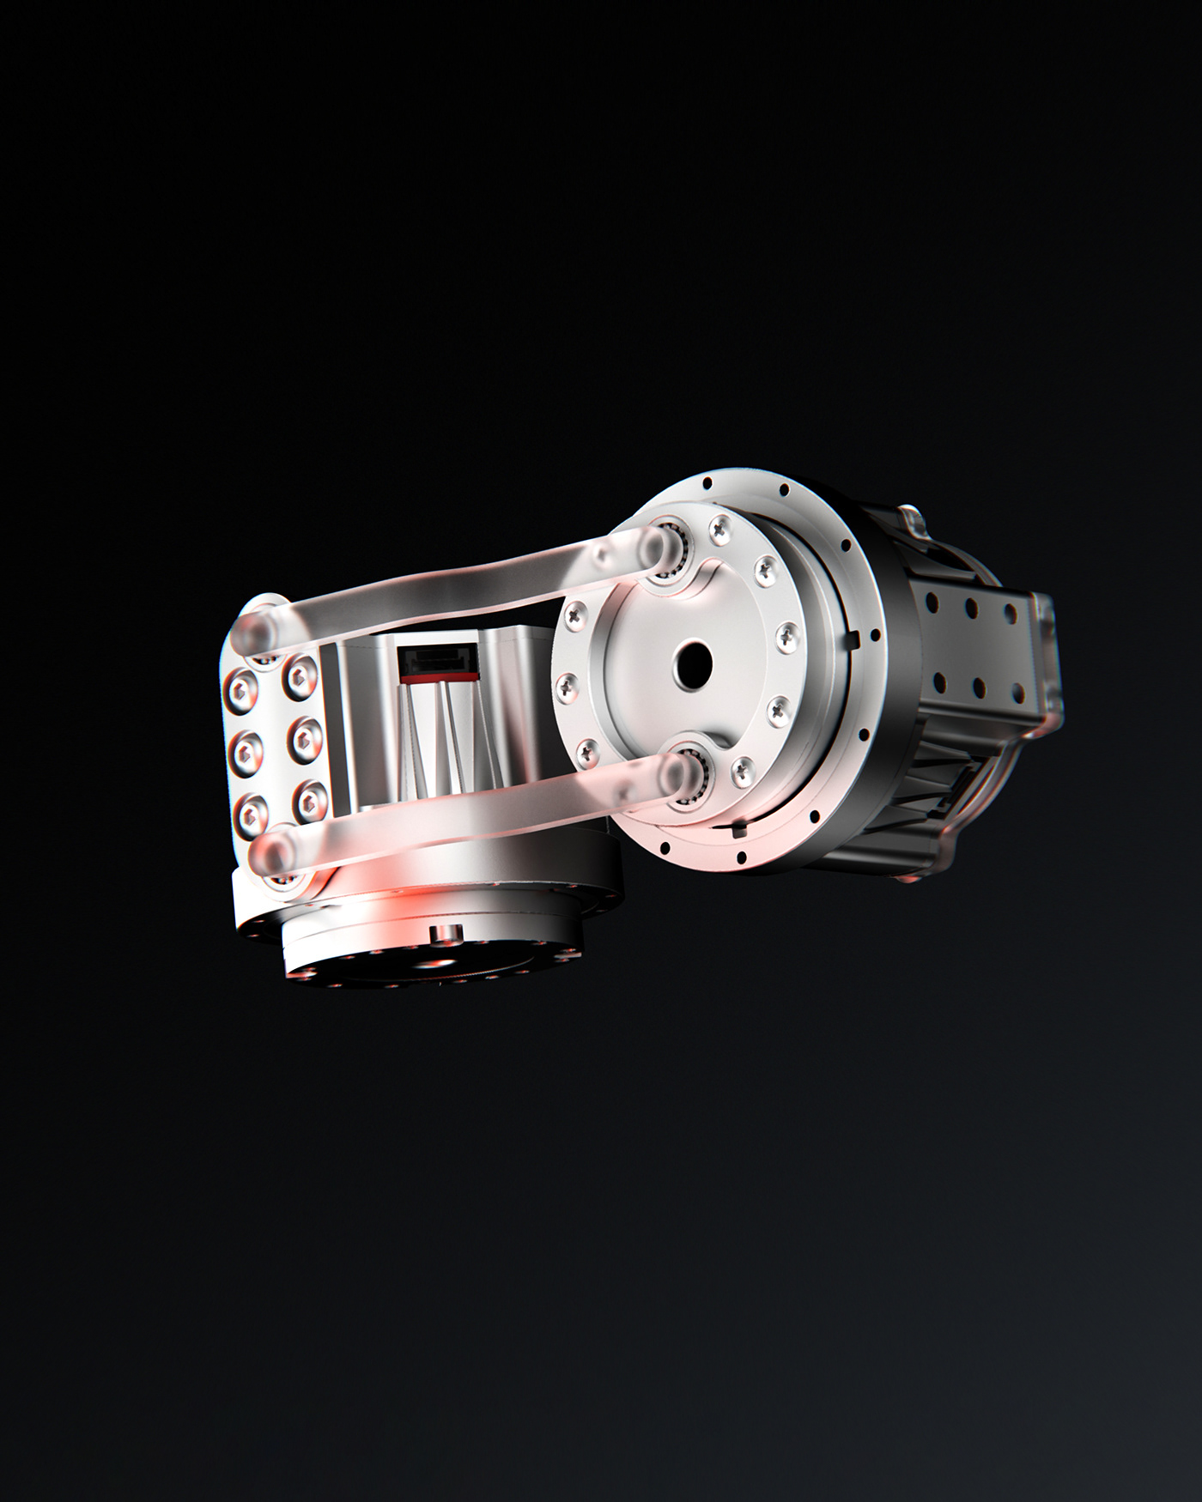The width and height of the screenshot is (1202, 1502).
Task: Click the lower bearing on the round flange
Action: pos(686,777)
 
